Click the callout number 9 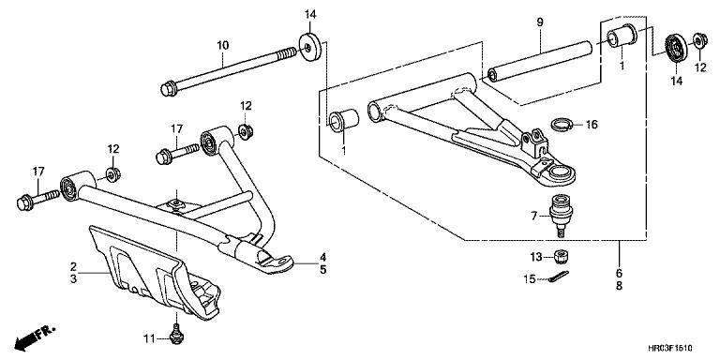coord(540,22)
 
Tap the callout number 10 coord(223,45)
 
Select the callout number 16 coord(592,125)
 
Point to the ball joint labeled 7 coord(561,215)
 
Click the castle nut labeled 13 coord(560,256)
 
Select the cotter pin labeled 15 coord(559,277)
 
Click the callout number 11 coord(149,339)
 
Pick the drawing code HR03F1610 coord(670,348)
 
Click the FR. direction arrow coord(35,337)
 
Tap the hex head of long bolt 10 coord(169,89)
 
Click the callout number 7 coord(534,216)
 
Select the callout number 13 coord(536,257)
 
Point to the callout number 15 coord(530,278)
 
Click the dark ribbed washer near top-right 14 coord(676,47)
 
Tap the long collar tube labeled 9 coord(540,62)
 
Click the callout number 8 coord(619,286)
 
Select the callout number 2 coord(73,266)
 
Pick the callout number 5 coord(323,270)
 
